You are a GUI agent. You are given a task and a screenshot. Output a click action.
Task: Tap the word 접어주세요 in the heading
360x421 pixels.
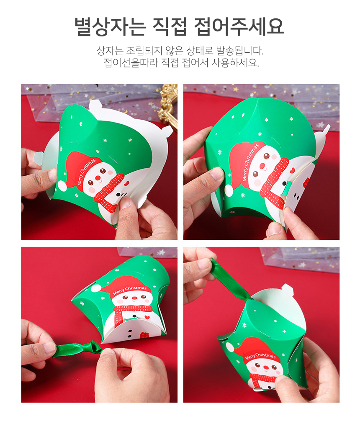(239, 27)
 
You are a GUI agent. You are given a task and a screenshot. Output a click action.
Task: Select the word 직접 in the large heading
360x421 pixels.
(169, 27)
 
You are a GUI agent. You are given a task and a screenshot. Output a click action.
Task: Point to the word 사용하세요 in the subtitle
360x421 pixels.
(235, 63)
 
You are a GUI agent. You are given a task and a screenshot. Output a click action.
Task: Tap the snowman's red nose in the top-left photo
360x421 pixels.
(98, 178)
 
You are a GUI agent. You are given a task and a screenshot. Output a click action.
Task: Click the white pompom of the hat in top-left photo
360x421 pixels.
(62, 185)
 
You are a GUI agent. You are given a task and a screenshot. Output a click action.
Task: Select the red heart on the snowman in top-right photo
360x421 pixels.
(292, 170)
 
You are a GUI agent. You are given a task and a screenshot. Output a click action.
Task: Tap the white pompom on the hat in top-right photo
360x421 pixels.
(229, 190)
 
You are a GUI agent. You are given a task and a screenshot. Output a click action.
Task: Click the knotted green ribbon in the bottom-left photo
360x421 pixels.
(78, 349)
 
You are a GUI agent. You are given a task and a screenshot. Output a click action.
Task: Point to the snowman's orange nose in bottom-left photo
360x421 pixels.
(134, 298)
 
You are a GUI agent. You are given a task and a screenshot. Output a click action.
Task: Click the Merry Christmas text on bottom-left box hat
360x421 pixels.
(130, 290)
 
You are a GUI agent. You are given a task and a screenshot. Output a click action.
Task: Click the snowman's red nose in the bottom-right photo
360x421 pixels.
(266, 367)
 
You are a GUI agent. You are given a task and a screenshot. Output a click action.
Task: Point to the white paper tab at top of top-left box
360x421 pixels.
(95, 104)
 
